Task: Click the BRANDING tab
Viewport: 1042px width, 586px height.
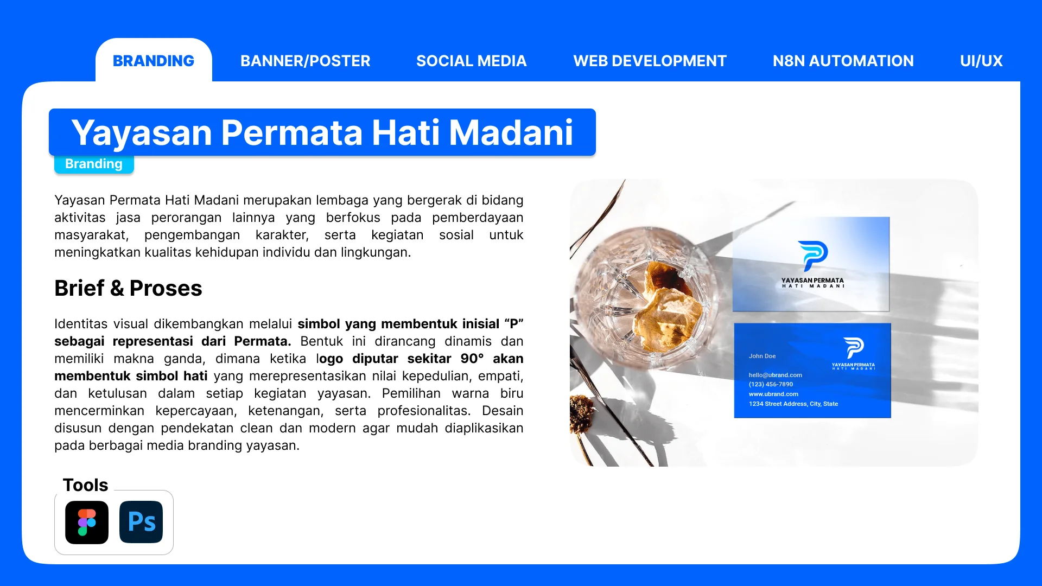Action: [154, 61]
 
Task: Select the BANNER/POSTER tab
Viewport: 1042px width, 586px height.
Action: [306, 61]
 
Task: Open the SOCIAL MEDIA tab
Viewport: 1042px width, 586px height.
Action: [472, 61]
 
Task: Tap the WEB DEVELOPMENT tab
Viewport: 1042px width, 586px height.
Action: [650, 61]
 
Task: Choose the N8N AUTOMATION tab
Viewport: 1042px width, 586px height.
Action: [843, 61]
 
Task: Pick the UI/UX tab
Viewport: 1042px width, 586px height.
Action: [981, 61]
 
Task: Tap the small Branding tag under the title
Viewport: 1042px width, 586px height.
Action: [94, 164]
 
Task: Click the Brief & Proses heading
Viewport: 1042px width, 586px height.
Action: [128, 288]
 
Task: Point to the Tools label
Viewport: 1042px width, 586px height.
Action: [86, 485]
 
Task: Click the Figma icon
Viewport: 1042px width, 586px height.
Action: [87, 523]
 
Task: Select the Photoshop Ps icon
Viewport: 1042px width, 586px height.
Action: [141, 523]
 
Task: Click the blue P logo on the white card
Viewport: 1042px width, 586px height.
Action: [812, 255]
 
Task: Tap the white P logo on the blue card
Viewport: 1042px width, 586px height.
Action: [853, 348]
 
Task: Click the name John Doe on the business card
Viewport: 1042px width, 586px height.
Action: [762, 356]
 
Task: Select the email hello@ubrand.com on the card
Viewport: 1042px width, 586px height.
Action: [776, 375]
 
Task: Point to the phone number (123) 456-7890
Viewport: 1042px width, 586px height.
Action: [771, 384]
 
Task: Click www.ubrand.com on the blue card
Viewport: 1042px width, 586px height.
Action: [773, 394]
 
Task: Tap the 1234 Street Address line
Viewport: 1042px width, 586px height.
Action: [793, 404]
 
